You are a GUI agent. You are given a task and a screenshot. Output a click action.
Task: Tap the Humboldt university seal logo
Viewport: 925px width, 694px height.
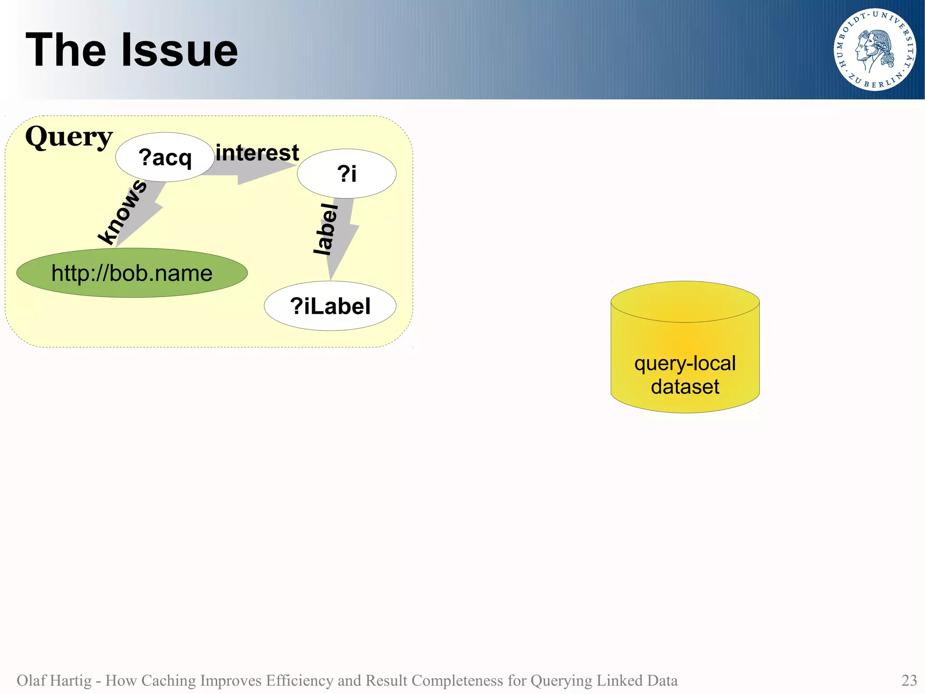(874, 49)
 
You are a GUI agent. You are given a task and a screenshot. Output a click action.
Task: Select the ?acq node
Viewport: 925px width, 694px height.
(165, 157)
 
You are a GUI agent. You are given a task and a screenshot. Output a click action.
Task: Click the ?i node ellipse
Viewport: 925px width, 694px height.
(346, 174)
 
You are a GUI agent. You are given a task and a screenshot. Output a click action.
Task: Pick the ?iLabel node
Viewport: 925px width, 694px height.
(330, 306)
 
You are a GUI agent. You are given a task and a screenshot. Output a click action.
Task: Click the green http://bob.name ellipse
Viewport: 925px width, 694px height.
(132, 273)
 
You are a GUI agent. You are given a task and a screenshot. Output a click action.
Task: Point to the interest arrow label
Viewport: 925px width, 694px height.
(257, 152)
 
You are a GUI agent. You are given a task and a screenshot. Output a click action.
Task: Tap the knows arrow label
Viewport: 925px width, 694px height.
(122, 211)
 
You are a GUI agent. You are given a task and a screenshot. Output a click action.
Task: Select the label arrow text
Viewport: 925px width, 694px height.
(326, 230)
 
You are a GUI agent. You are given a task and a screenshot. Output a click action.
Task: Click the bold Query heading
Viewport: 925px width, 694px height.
(69, 137)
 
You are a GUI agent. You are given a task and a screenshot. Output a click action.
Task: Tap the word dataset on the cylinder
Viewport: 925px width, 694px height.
(685, 387)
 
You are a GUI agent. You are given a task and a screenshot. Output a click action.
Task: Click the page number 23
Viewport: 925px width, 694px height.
(909, 680)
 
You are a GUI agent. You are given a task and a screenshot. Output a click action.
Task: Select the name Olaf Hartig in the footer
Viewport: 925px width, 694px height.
(54, 680)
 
